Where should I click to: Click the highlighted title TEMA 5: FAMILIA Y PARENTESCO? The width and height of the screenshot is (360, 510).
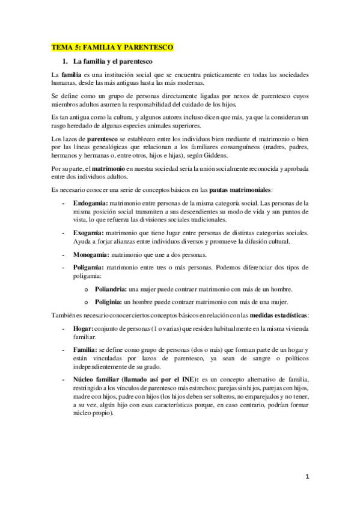(x=112, y=46)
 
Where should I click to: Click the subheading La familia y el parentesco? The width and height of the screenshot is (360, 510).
(x=113, y=61)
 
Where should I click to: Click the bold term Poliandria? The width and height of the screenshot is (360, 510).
(x=106, y=289)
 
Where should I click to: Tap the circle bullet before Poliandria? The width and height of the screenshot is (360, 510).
(x=88, y=290)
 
